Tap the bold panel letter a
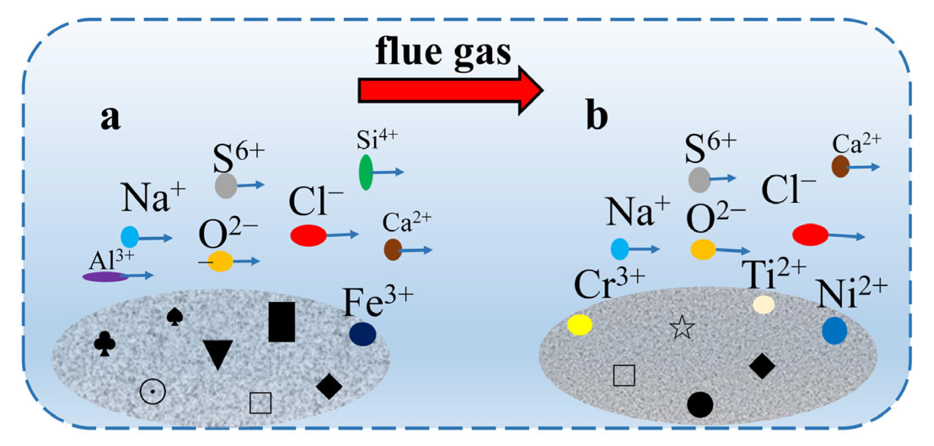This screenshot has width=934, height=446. pyautogui.click(x=110, y=118)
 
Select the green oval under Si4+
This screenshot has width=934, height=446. pyautogui.click(x=366, y=172)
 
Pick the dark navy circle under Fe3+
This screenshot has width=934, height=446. pyautogui.click(x=362, y=334)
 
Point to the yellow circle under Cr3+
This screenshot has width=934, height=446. pyautogui.click(x=580, y=324)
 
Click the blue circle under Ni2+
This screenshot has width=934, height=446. pyautogui.click(x=834, y=331)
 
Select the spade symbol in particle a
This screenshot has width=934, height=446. pyautogui.click(x=174, y=317)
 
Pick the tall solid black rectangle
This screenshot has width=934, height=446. pyautogui.click(x=281, y=321)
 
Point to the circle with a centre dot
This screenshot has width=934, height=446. pyautogui.click(x=153, y=391)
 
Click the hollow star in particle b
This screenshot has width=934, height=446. pyautogui.click(x=682, y=328)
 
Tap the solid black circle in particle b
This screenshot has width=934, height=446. pyautogui.click(x=700, y=404)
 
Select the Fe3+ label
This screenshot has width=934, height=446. pyautogui.click(x=378, y=302)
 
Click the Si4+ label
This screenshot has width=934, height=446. pyautogui.click(x=377, y=140)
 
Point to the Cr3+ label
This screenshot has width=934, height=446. pyautogui.click(x=609, y=284)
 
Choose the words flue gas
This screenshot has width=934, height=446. pyautogui.click(x=443, y=52)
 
